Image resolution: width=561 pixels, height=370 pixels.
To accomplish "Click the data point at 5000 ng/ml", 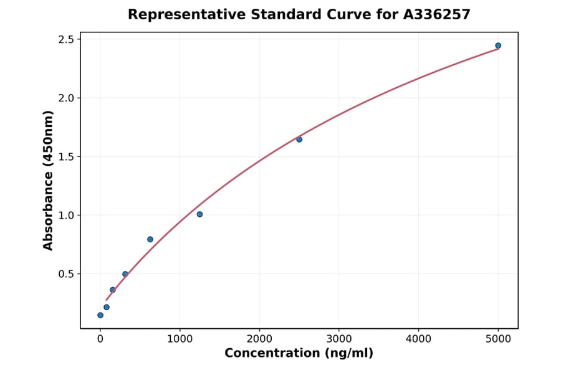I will tap(498, 45).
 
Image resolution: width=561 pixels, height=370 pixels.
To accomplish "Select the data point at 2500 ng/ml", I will tap(299, 140).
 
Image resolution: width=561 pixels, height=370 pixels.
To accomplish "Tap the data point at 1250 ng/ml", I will tap(199, 214).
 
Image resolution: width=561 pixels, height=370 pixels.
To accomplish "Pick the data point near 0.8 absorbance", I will tap(150, 239).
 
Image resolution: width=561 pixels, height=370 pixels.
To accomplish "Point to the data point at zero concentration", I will tap(100, 315).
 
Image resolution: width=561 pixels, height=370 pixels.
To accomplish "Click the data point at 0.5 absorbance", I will tap(125, 274).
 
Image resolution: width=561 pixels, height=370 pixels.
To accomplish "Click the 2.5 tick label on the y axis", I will tap(65, 39).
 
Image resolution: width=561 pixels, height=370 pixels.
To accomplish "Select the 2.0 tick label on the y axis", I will tap(65, 98).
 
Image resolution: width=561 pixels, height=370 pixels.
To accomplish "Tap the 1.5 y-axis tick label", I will tap(65, 156).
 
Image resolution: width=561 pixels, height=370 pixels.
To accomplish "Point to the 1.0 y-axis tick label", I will tap(65, 215).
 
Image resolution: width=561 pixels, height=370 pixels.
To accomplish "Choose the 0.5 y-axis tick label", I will tap(65, 274).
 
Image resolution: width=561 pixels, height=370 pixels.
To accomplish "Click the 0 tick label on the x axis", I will tap(100, 339).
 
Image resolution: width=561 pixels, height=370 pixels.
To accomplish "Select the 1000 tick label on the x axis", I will tap(180, 339).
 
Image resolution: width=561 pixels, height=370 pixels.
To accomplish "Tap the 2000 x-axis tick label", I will tap(259, 339).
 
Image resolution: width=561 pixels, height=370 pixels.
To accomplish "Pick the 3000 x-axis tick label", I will tap(338, 339).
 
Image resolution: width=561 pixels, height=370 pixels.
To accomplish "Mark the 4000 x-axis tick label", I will tap(418, 339).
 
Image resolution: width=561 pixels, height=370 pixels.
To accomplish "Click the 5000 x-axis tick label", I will tap(498, 339).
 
